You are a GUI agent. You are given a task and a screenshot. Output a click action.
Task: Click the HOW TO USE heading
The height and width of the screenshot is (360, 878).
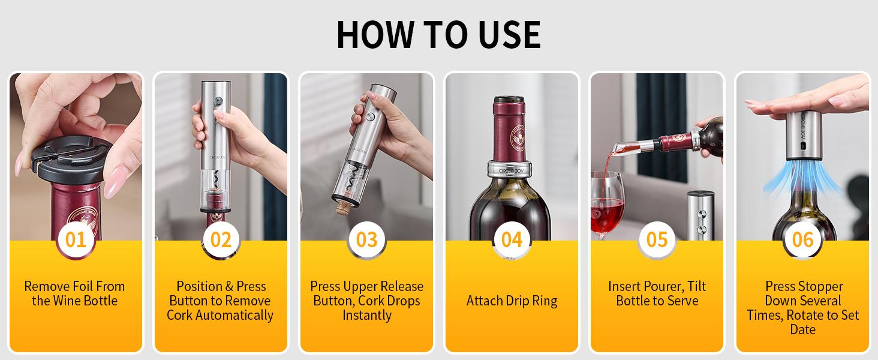pos(438,35)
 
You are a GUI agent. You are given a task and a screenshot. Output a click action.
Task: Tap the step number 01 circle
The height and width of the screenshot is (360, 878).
pos(76,239)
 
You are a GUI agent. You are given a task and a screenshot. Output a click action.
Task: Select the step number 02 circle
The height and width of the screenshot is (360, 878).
pos(221,239)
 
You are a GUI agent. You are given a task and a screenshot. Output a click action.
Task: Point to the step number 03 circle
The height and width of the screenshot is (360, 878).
pos(366,239)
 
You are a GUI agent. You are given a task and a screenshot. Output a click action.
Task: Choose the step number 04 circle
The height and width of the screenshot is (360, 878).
pos(512,239)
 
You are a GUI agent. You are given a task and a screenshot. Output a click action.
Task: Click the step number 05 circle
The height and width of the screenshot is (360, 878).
pos(657,239)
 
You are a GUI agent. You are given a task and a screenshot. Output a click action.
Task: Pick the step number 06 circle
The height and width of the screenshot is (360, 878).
pos(803,239)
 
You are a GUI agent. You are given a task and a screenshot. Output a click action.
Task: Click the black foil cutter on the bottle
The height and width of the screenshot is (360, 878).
pos(71,159)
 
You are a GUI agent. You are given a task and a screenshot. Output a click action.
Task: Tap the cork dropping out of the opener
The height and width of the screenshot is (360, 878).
pos(344,205)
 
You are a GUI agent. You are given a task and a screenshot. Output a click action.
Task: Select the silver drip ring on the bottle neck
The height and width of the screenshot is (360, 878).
pos(510,169)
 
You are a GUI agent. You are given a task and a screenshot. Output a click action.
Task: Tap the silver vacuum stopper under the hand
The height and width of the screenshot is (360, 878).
pos(804,135)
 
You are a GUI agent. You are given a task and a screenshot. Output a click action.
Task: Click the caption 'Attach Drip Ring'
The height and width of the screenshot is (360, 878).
pos(512,301)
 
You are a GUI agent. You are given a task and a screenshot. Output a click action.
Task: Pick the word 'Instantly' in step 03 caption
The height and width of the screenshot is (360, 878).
pos(367,315)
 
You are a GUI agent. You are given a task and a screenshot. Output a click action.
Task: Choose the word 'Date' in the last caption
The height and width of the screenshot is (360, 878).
pos(803,329)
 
